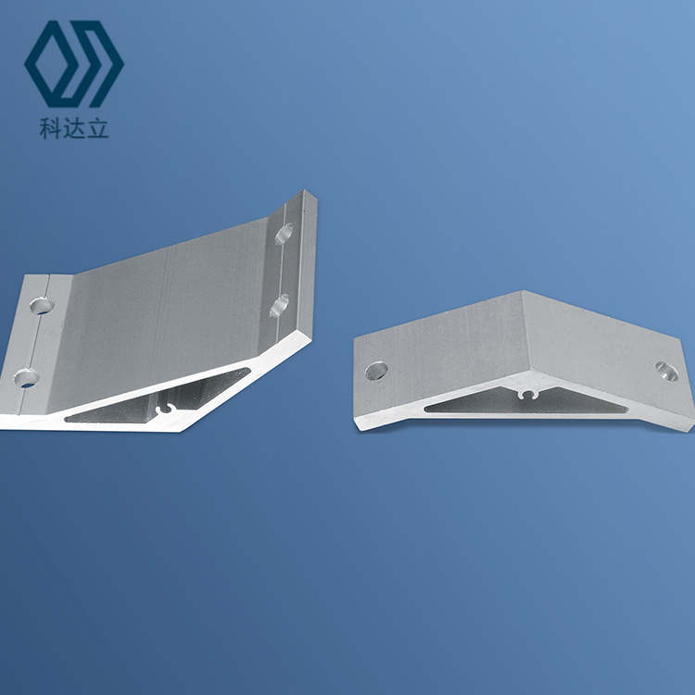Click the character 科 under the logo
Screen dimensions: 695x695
pos(50,129)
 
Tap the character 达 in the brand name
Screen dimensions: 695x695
pos(73,129)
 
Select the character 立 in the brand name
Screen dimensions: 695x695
pos(97,129)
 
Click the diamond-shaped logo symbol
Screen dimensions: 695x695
pos(74,64)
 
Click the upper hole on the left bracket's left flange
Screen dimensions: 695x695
pos(41,306)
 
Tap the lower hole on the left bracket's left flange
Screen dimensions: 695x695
pos(26,378)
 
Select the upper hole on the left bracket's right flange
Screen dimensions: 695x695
pos(284,234)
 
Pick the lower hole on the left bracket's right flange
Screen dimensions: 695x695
pos(279,306)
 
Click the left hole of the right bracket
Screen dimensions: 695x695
pos(376,371)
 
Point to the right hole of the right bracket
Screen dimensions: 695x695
pos(666,371)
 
